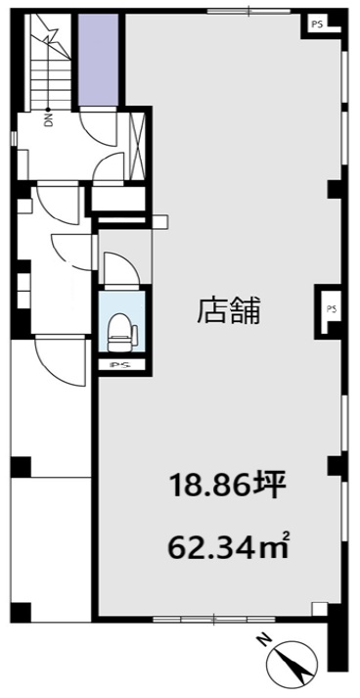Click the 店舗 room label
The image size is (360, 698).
point(228,310)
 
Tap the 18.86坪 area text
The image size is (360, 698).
point(226,488)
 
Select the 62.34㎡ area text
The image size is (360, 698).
point(229,544)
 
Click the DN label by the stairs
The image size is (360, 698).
point(48,118)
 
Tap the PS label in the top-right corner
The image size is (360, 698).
point(317,24)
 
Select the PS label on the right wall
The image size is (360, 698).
point(331,308)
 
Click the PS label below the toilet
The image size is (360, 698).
point(120,365)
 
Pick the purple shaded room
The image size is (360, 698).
point(99,60)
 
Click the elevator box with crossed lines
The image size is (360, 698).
point(137,146)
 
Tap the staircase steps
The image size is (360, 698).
point(50,63)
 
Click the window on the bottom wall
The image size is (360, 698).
point(213,620)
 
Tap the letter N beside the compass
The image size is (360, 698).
point(265,641)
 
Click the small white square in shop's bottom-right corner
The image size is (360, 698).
point(319,609)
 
